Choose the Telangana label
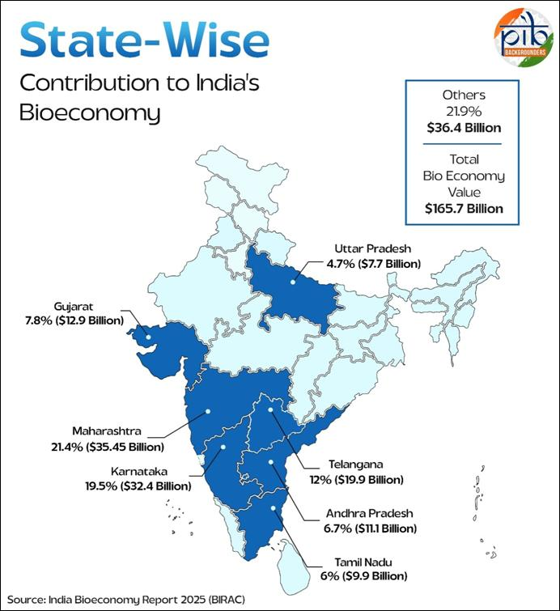pyautogui.click(x=356, y=465)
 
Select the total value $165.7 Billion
pyautogui.click(x=464, y=208)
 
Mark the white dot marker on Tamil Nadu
pyautogui.click(x=274, y=509)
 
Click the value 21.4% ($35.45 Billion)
pyautogui.click(x=106, y=447)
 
